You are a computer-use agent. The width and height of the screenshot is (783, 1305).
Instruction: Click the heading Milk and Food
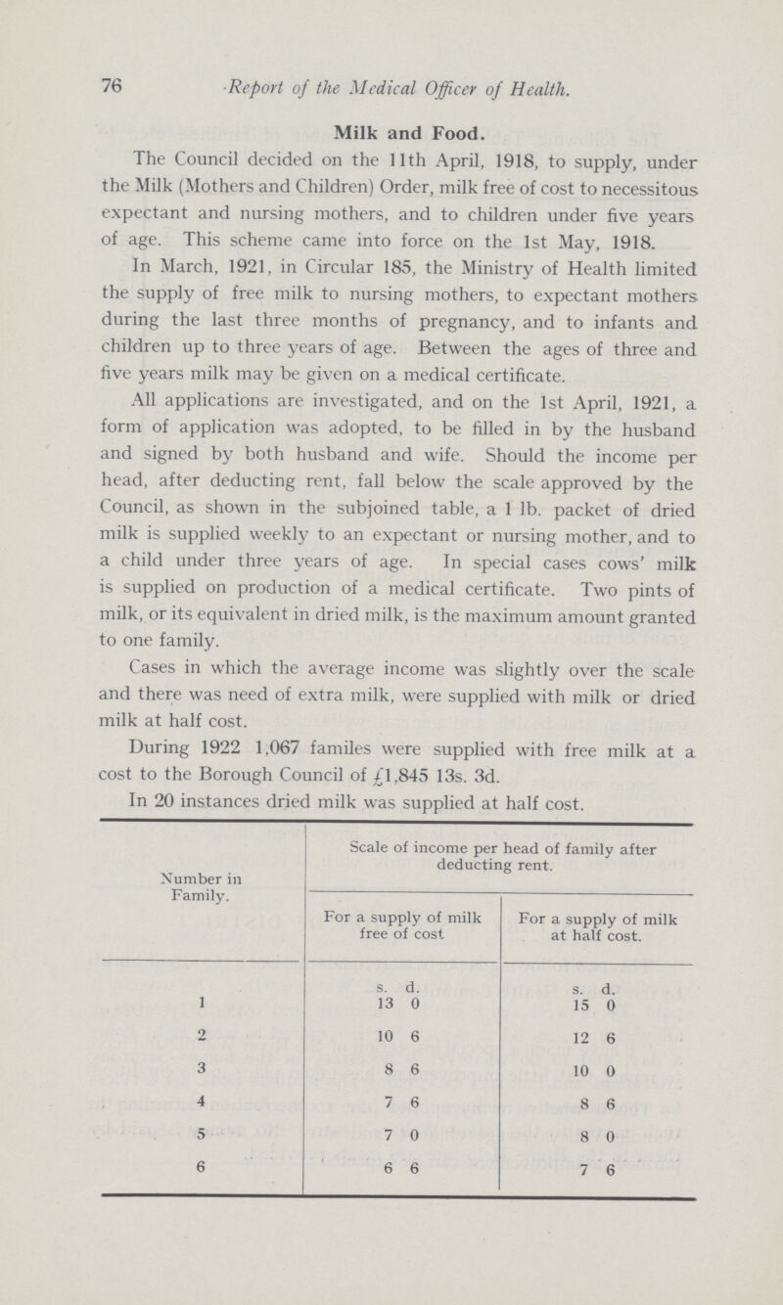click(391, 128)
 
